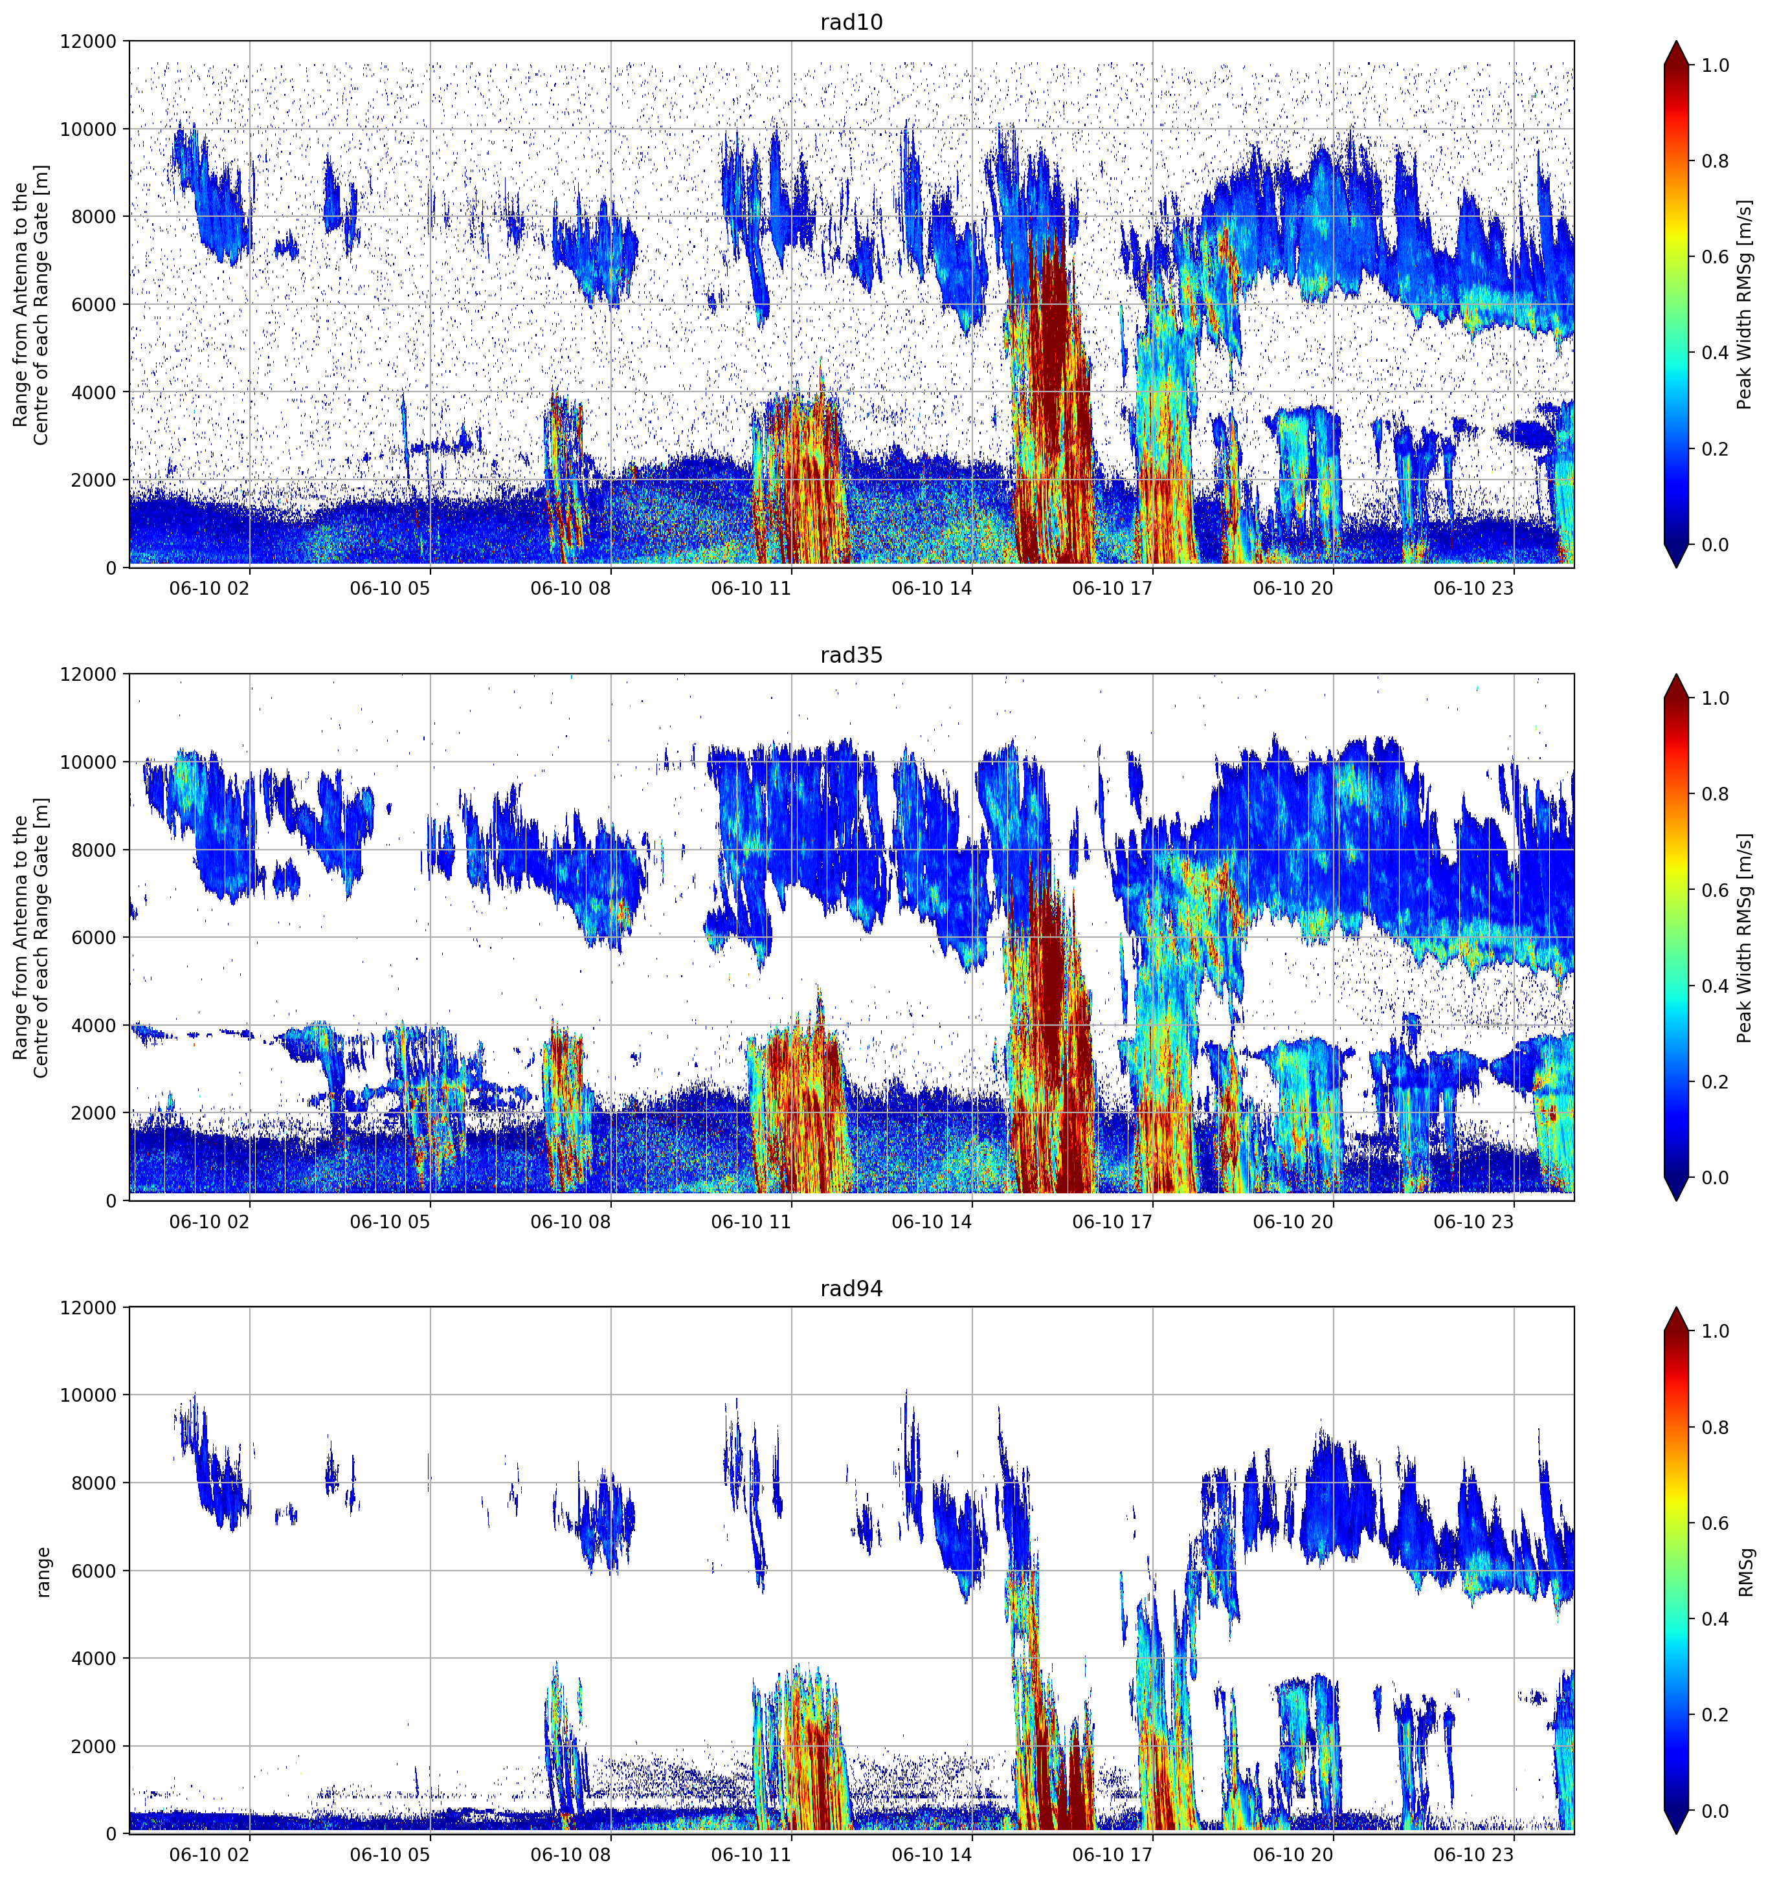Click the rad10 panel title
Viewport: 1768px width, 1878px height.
coord(851,22)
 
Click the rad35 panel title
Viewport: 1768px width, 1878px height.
coord(851,656)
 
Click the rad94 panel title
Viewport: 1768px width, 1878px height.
coord(851,1288)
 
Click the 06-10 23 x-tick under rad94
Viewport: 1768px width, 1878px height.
coord(1473,1856)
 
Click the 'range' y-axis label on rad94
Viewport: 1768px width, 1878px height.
coord(43,1572)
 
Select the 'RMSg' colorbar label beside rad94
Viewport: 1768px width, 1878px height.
coord(1745,1572)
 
